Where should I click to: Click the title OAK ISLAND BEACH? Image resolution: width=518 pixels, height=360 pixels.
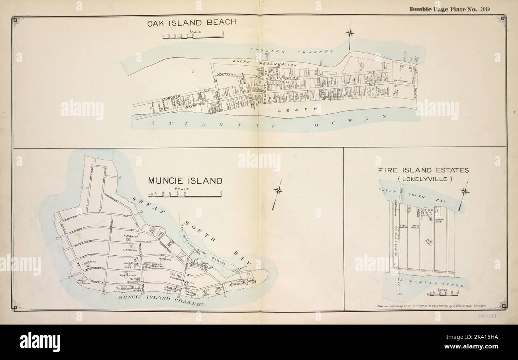[x=192, y=23]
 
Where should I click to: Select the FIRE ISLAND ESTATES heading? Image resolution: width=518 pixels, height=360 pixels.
[x=423, y=170]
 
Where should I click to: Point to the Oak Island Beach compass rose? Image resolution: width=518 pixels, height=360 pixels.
[x=350, y=33]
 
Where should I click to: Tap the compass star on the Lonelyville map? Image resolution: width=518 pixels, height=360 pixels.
[x=464, y=192]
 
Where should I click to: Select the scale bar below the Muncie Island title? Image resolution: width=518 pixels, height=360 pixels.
[x=192, y=194]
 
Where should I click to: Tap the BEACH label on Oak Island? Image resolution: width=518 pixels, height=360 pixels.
[x=298, y=109]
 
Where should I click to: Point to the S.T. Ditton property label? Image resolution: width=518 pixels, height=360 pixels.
[x=130, y=250]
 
